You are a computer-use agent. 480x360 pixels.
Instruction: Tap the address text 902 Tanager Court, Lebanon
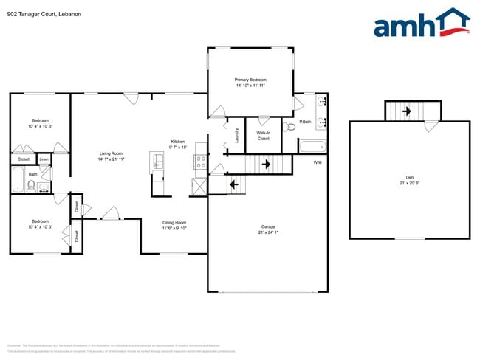click(38, 12)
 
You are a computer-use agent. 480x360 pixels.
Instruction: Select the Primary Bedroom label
click(250, 80)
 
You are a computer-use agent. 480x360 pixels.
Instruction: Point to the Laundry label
click(236, 135)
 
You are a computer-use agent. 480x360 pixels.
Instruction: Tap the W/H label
click(318, 162)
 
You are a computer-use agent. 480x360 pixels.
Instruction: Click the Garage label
click(267, 226)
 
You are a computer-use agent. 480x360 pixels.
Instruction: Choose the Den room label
click(410, 177)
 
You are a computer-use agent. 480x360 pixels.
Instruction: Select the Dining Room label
click(174, 222)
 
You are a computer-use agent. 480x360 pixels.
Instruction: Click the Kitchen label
click(178, 142)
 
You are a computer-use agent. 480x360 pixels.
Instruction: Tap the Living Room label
click(112, 153)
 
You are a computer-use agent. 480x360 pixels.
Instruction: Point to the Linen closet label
click(44, 158)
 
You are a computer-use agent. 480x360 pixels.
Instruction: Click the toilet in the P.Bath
click(289, 127)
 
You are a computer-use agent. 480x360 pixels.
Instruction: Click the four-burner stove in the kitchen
click(200, 163)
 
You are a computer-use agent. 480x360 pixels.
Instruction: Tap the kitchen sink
click(156, 161)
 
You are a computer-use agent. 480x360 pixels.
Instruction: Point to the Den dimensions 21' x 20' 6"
click(410, 184)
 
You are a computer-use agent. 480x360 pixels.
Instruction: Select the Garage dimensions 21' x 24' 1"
click(267, 233)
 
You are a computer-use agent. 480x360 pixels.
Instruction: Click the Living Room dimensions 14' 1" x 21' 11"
click(112, 159)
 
